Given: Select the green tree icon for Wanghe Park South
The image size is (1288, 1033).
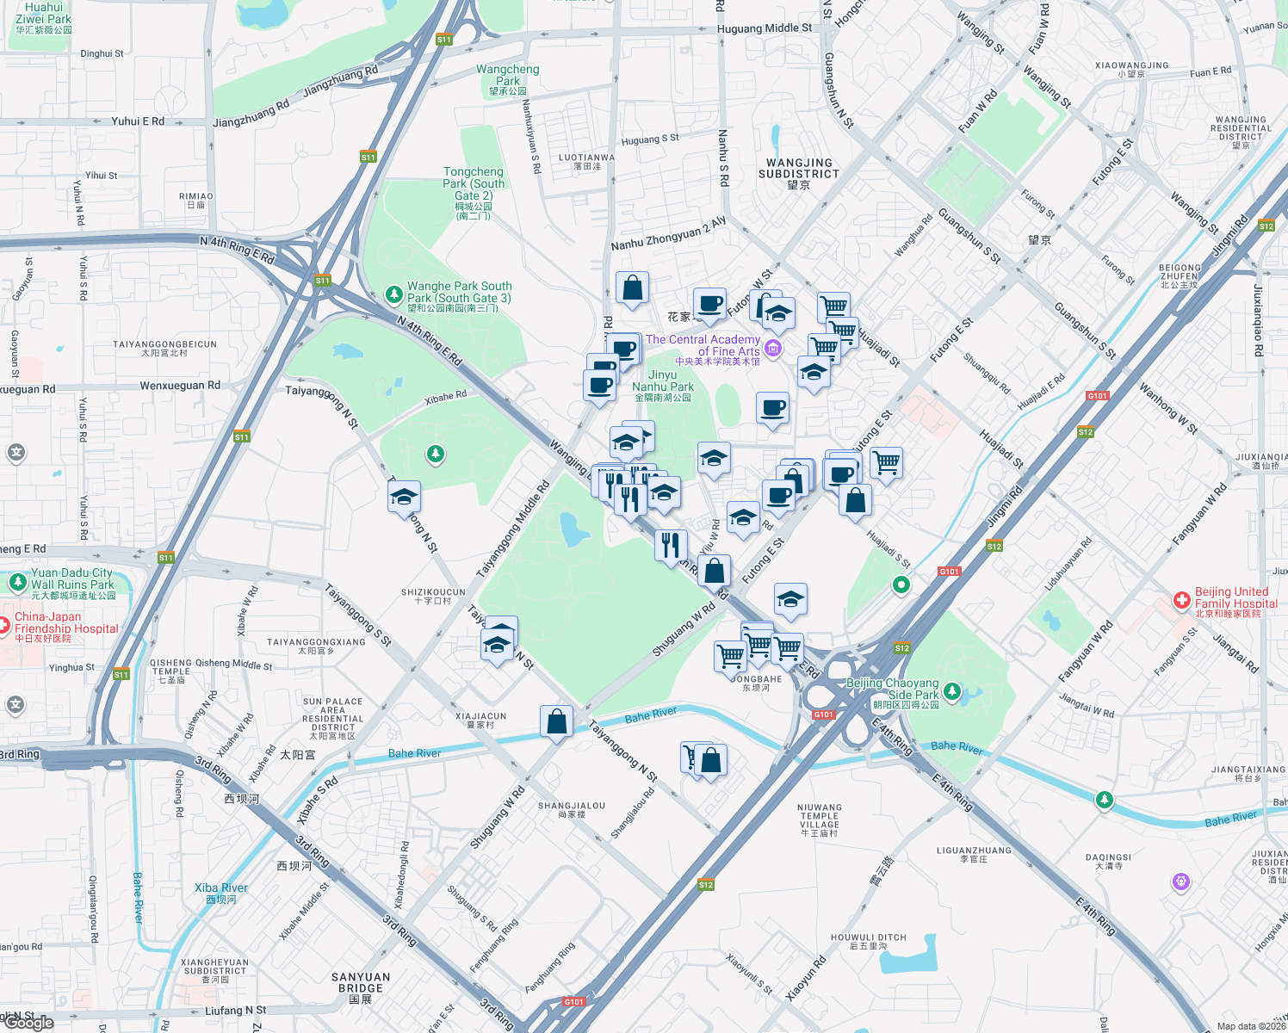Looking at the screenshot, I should tap(394, 294).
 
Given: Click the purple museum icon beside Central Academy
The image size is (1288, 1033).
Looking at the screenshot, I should tap(773, 348).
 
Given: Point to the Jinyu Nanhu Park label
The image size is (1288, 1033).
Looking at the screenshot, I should tap(663, 386).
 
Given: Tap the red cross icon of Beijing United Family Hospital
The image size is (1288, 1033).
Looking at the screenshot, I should tap(1182, 599).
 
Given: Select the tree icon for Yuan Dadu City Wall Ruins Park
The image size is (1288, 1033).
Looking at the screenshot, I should tap(17, 582).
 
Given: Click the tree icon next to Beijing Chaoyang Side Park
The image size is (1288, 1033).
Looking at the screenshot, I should tap(951, 690).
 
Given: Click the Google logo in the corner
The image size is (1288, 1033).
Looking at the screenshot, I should tap(30, 1023).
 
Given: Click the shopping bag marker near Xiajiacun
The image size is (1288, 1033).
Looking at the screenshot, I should tap(557, 721).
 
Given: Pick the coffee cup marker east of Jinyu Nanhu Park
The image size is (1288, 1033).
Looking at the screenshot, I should tap(772, 408).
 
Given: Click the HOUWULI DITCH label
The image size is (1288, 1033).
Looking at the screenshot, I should tap(868, 941).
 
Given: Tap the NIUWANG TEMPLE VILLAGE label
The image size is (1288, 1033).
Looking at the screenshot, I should tap(820, 820).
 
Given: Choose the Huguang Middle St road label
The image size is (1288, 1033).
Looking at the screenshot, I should tap(765, 28).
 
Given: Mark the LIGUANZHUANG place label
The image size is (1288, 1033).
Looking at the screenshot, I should tap(974, 854).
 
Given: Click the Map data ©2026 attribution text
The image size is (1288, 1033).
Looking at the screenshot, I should tap(1251, 1026).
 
